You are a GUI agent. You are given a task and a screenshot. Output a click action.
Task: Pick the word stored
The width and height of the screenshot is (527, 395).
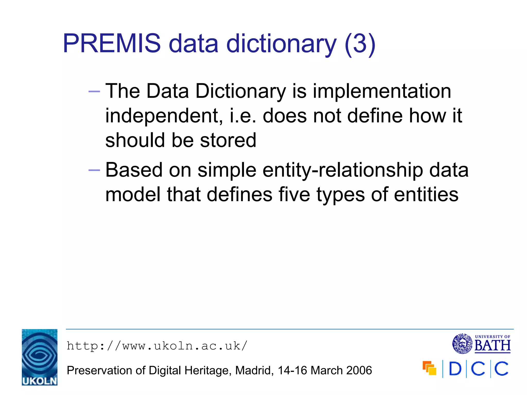pos(228,140)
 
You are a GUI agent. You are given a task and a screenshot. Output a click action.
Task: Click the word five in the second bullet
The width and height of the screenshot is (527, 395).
pos(294,194)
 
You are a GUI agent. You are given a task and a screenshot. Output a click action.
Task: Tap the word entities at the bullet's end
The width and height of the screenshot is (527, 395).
pos(426,194)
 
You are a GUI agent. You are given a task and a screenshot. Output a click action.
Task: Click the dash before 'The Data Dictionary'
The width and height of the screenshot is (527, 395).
pos(94,92)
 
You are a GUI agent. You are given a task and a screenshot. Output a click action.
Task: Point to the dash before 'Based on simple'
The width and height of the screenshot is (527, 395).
pos(94,170)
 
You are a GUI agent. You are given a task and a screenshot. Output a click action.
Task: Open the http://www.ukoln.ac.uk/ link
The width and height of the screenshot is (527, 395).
pos(157,346)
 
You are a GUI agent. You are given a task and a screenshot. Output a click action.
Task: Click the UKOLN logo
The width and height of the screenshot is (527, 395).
pos(40,357)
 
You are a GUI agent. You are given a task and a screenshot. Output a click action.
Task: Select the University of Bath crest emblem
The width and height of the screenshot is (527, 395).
pos(462,344)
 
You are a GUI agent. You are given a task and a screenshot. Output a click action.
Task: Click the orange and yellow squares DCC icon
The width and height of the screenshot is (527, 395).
pos(429,368)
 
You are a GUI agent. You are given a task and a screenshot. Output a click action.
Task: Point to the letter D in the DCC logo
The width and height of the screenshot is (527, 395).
pos(455,369)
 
